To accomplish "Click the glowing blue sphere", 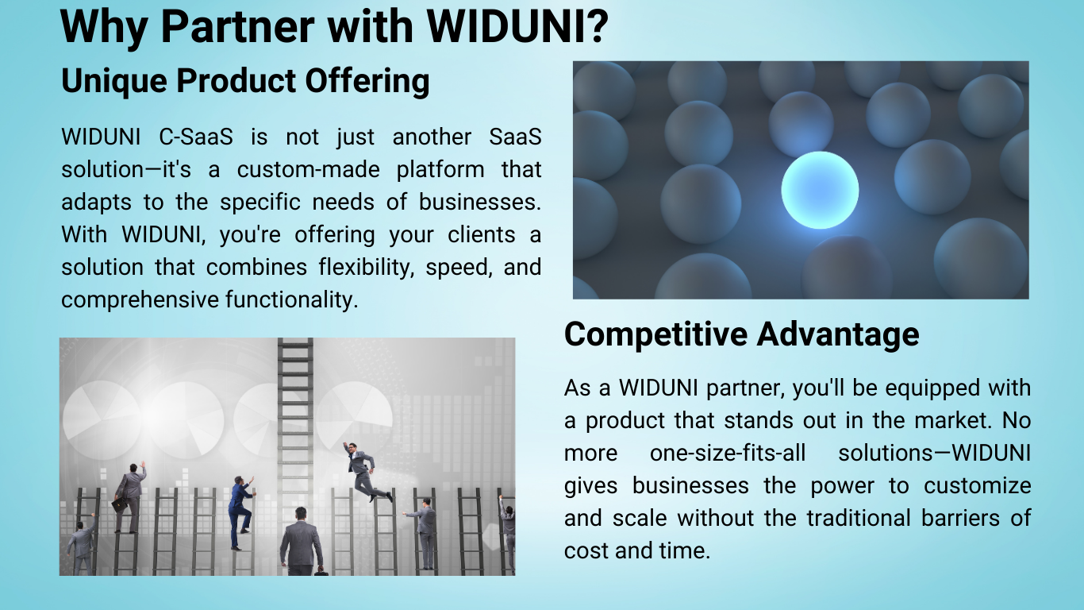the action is point(820,190).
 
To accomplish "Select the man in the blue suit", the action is point(240,512).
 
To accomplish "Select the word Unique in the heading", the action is point(114,81).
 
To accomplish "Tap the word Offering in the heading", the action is point(367,81).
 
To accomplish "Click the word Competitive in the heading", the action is point(655,335).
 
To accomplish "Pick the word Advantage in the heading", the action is point(838,335).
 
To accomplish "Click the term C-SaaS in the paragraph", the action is point(196,137).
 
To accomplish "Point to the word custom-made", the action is point(308,169).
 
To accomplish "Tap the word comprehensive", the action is point(140,300).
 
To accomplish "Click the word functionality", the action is point(292,299).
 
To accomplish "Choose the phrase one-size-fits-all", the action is point(728,453).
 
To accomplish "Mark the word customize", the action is point(977,485).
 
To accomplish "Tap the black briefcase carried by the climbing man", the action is point(119,505).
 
